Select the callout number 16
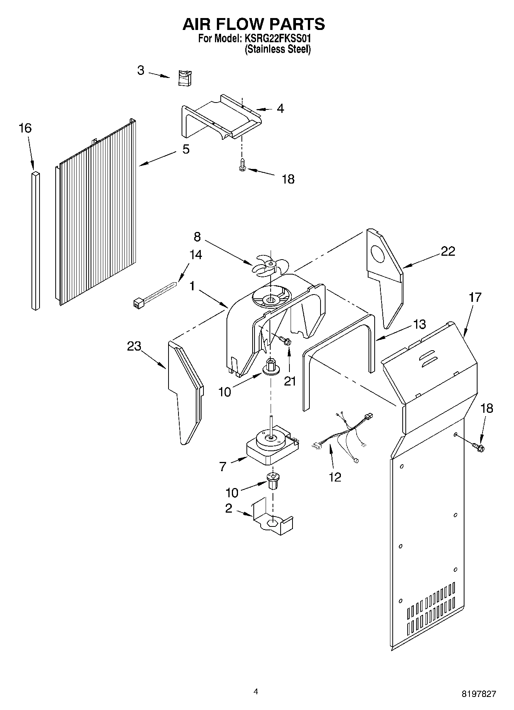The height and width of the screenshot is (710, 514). pos(25,128)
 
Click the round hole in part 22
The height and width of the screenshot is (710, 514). pos(378,255)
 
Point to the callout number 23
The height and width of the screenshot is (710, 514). pos(134,346)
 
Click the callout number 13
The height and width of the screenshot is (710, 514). pos(420,324)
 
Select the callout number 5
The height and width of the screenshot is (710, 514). pos(186,149)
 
